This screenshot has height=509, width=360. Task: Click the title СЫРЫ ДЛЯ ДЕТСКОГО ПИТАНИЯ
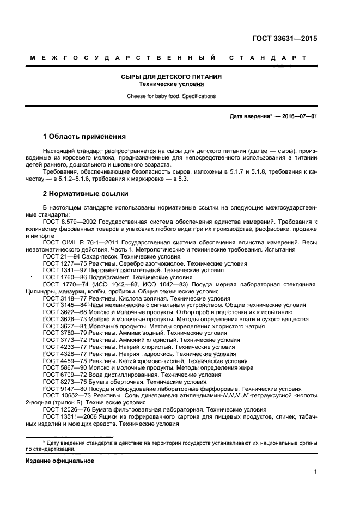(x=171, y=77)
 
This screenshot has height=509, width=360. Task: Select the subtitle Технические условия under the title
(x=171, y=84)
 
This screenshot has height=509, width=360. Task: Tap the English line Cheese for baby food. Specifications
(x=171, y=96)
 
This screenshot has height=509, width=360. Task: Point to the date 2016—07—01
(x=298, y=116)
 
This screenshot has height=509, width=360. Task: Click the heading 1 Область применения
(x=84, y=136)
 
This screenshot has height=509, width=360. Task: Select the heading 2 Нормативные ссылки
(x=86, y=193)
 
